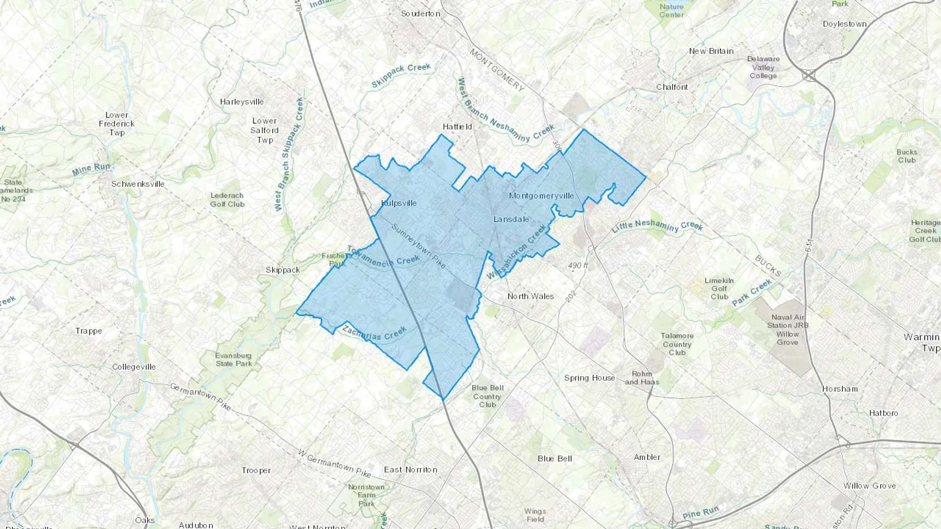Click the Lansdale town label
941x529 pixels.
click(511, 219)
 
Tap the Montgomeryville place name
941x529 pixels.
click(541, 196)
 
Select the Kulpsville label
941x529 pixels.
click(399, 203)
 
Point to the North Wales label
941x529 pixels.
click(530, 296)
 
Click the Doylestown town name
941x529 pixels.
click(844, 24)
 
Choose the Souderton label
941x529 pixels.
click(420, 14)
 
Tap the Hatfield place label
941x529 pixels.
click(457, 127)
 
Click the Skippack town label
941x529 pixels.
click(282, 270)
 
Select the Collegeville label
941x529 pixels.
click(134, 367)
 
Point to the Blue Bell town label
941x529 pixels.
click(555, 459)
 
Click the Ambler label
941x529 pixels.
click(647, 457)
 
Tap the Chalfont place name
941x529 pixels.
click(672, 87)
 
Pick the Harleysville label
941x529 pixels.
click(242, 102)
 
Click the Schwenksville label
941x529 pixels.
click(137, 184)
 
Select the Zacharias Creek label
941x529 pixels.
click(374, 333)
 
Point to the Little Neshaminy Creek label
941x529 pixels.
click(657, 226)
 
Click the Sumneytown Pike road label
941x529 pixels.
click(418, 246)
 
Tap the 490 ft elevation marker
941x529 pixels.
click(578, 266)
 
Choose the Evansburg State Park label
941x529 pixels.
click(233, 359)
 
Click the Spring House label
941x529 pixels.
click(589, 378)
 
